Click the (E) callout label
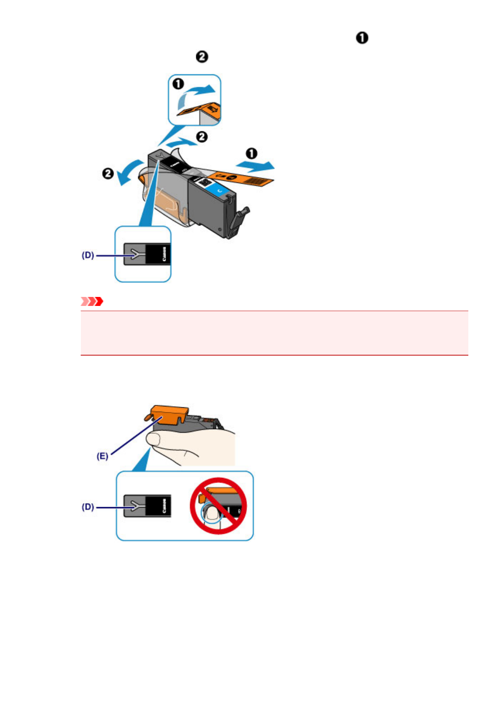102,456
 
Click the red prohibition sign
218,506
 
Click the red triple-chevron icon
92,301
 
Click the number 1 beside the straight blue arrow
251,153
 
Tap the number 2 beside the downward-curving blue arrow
108,173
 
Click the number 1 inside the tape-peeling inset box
178,84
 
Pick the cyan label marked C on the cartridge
219,190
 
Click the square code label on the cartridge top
205,182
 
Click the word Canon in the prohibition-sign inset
164,506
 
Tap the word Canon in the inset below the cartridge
164,254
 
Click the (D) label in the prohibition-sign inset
88,507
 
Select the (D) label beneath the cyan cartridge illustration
88,255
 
